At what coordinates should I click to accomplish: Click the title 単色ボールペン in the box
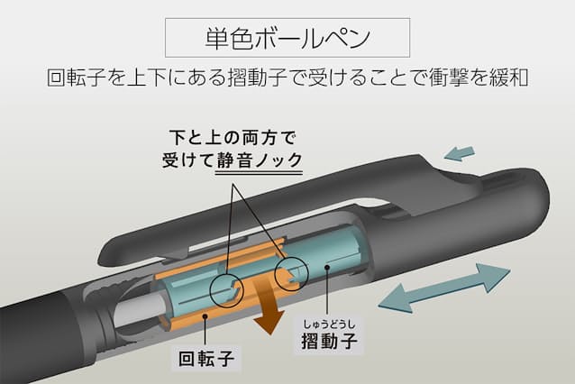(287, 38)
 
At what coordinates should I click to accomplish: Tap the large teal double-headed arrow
(444, 288)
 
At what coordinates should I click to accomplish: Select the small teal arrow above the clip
(460, 153)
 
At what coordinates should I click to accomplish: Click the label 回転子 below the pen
(206, 359)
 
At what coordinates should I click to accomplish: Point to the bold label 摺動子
(329, 341)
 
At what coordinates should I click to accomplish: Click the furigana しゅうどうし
(329, 325)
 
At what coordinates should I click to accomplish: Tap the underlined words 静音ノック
(260, 160)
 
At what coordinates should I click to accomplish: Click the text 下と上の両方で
(233, 138)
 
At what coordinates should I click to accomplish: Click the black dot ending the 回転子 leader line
(205, 315)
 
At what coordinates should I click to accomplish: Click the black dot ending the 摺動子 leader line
(327, 267)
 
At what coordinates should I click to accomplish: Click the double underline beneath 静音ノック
(259, 171)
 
